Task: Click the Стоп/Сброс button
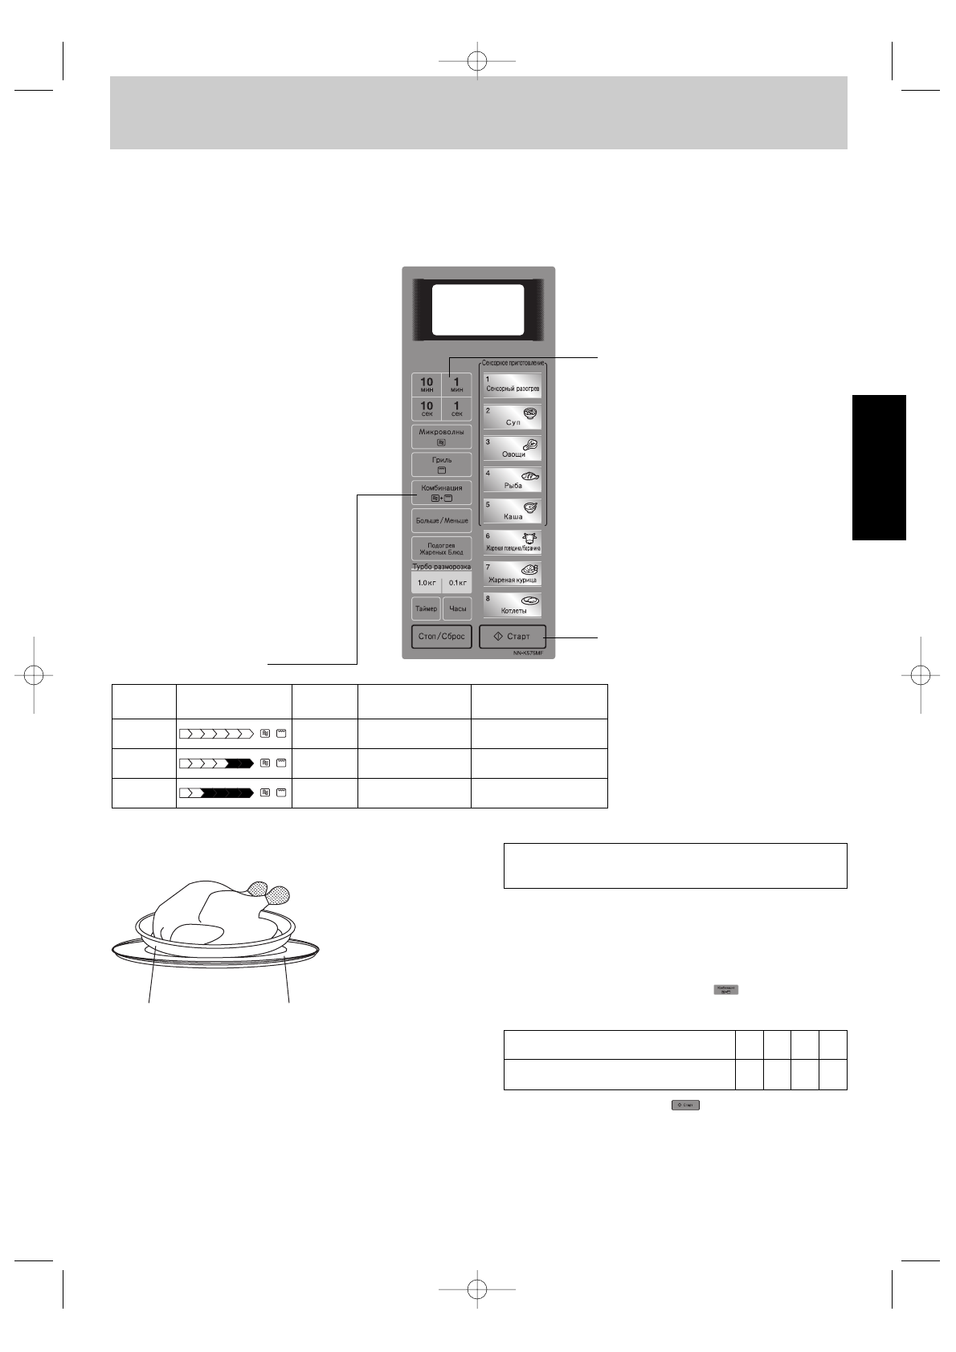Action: (441, 637)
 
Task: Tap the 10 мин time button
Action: (427, 385)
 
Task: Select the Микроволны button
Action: (441, 436)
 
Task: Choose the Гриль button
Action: (441, 464)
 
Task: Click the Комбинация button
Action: (441, 492)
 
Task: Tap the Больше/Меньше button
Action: (441, 520)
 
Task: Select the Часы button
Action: (457, 609)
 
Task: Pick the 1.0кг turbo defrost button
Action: (426, 583)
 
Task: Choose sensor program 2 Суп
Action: (513, 417)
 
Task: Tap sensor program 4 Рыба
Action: (513, 480)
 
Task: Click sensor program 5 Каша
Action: (513, 511)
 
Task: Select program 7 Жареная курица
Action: (513, 574)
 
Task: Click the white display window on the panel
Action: (478, 309)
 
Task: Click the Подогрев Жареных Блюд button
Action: (441, 549)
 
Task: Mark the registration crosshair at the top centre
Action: (478, 60)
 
